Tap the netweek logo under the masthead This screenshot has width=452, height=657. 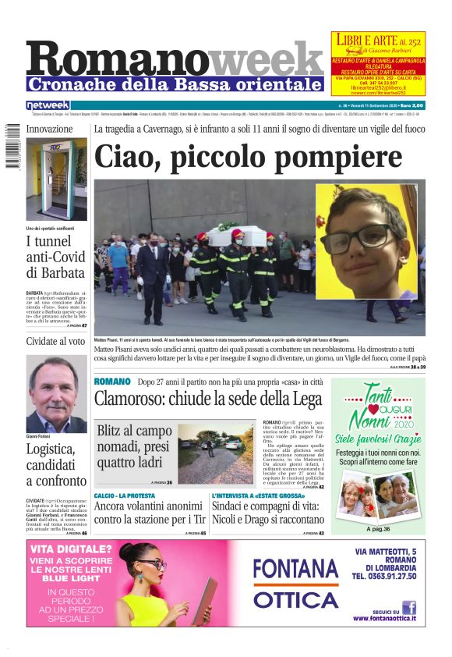pos(48,105)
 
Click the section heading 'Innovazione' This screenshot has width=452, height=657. pos(50,129)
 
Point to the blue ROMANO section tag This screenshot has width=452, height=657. pos(111,382)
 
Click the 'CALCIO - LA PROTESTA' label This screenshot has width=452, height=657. pos(124,496)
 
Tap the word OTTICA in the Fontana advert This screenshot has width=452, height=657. pos(295,598)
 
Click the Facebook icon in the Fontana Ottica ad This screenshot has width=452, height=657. pos(409,607)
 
